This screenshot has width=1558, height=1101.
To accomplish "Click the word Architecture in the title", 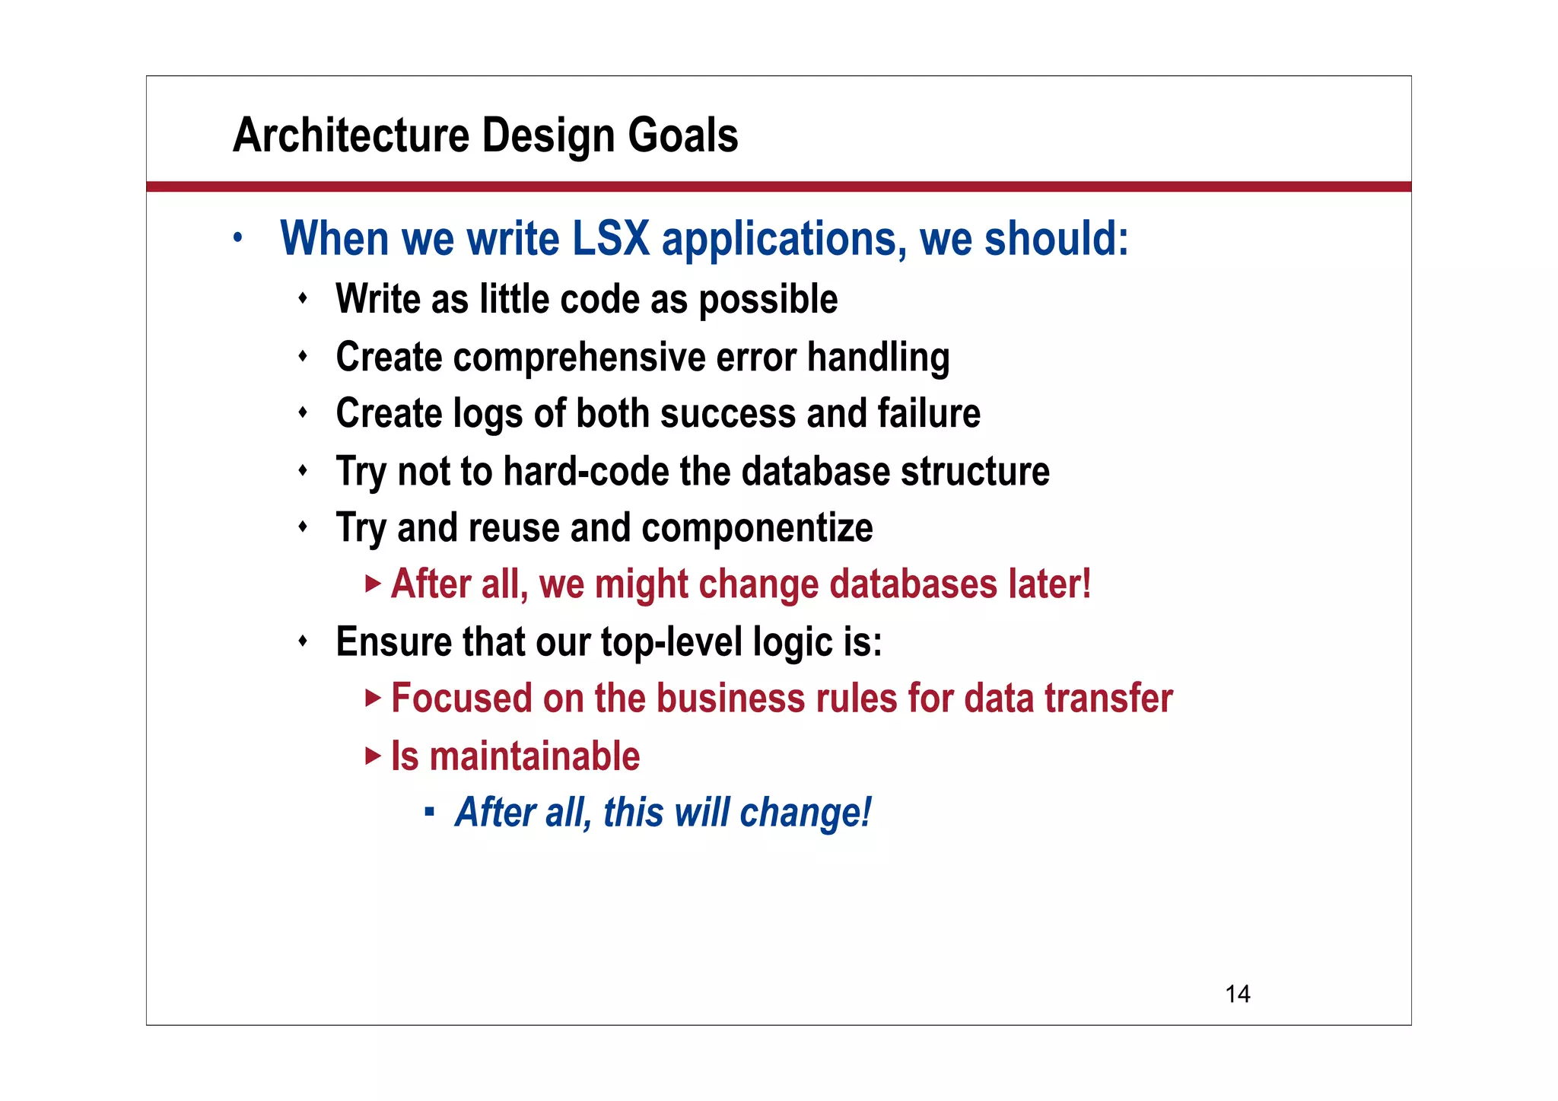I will (351, 135).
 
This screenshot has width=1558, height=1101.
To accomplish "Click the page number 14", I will (1237, 994).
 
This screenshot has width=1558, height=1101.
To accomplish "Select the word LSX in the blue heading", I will (610, 239).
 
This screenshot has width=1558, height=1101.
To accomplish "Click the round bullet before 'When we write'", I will (238, 237).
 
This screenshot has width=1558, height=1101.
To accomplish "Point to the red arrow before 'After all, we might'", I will (373, 584).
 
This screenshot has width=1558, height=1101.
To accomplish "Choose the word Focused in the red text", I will (461, 698).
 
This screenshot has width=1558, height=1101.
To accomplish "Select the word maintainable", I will (534, 756).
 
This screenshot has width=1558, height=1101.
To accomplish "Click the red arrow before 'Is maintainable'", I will (373, 756).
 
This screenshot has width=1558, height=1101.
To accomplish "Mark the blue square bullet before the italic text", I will (430, 813).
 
